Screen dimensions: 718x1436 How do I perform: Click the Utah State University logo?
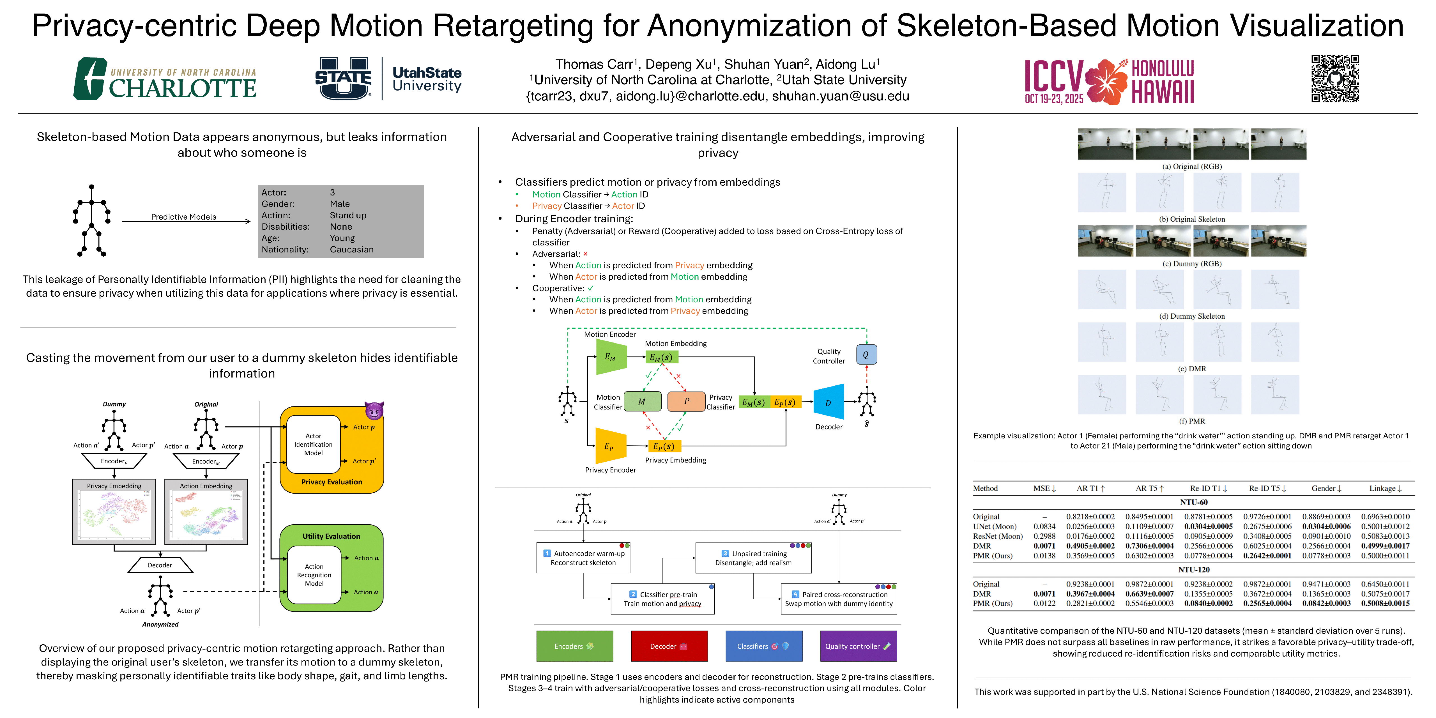[388, 79]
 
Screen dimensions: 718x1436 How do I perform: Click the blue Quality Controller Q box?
[866, 355]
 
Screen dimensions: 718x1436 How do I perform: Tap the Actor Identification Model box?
[313, 444]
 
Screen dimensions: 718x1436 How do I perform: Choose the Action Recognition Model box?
[314, 575]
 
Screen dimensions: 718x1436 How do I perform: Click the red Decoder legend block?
[669, 646]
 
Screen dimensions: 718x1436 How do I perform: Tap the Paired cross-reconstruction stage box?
[839, 599]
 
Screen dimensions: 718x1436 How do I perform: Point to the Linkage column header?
[1385, 488]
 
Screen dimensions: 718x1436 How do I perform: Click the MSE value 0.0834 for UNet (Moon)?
[1044, 526]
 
